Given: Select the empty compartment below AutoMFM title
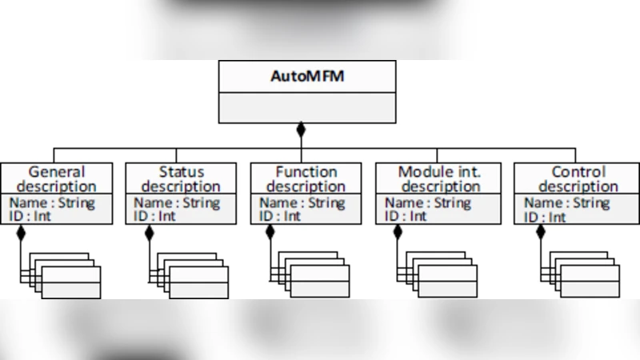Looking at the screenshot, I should pyautogui.click(x=307, y=108).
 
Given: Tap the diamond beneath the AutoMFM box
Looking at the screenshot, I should pyautogui.click(x=301, y=129).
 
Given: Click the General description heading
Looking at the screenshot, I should pyautogui.click(x=56, y=178).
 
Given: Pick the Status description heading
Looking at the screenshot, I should pyautogui.click(x=181, y=178).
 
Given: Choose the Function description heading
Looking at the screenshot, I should pyautogui.click(x=306, y=178).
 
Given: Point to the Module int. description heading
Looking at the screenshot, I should pyautogui.click(x=439, y=178).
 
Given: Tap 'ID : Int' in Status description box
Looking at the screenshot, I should pyautogui.click(x=154, y=216).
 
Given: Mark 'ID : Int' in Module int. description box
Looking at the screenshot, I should pyautogui.click(x=406, y=216).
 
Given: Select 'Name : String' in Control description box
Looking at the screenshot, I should pyautogui.click(x=564, y=202).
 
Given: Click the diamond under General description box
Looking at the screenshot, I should pyautogui.click(x=22, y=233).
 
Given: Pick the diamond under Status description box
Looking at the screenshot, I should pyautogui.click(x=149, y=233).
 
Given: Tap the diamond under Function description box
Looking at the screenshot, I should pyautogui.click(x=270, y=233).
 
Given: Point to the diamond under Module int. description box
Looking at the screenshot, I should pyautogui.click(x=398, y=233).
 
